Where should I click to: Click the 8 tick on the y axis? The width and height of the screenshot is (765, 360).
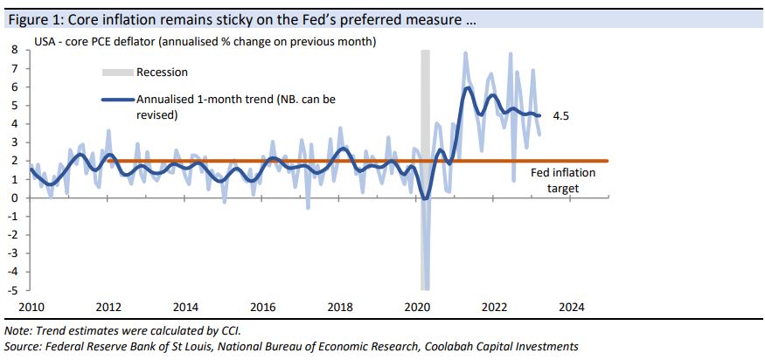point(14,50)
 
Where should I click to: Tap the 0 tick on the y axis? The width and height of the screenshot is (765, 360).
point(14,197)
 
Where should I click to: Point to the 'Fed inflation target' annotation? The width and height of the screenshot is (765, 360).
point(563,179)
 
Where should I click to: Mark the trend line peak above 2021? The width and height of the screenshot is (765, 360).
point(469,87)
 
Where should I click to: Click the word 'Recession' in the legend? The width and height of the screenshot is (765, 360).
point(162,73)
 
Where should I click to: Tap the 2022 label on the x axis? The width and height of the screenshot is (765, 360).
point(495,308)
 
